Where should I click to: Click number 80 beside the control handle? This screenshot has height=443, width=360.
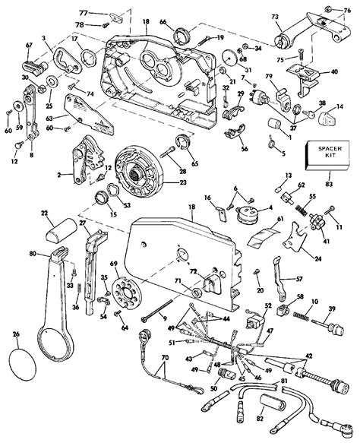click(x=33, y=255)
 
